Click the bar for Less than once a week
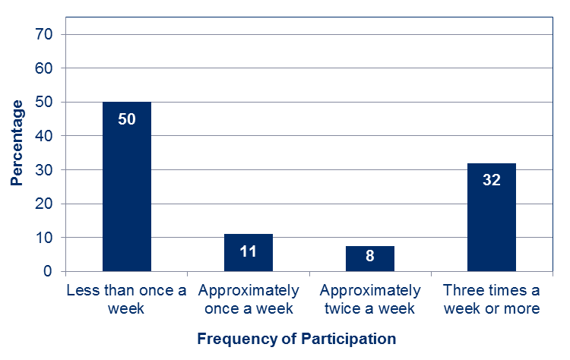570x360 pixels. (127, 186)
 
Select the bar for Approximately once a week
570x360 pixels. (249, 252)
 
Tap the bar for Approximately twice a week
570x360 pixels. (370, 258)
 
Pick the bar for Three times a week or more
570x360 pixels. (492, 217)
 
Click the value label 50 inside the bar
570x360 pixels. (127, 120)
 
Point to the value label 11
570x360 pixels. (249, 251)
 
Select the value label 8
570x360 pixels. (370, 257)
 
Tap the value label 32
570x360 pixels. (492, 181)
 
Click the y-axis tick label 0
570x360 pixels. (47, 271)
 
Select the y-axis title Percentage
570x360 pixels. (17, 142)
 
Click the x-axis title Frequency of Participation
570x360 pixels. (296, 338)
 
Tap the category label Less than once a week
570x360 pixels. (127, 299)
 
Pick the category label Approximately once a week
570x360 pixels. (249, 299)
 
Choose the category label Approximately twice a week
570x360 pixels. (370, 299)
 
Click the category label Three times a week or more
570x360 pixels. (492, 299)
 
